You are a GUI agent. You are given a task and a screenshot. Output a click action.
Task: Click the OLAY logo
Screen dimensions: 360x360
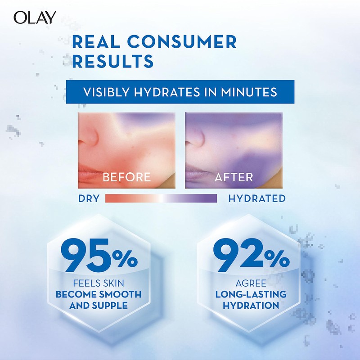point(35,17)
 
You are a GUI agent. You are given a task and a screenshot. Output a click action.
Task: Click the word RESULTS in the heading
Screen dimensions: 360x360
point(112,60)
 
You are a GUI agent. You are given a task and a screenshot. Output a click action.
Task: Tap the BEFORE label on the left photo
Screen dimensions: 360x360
point(126,177)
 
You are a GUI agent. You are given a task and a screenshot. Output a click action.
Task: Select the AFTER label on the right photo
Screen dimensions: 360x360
point(234,177)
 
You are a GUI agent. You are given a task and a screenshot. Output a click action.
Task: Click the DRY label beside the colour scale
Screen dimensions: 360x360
point(89,198)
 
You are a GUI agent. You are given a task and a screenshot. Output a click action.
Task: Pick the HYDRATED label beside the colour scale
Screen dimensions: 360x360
point(256,198)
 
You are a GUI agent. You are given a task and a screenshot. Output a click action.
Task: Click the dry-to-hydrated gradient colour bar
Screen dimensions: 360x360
point(161,198)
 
